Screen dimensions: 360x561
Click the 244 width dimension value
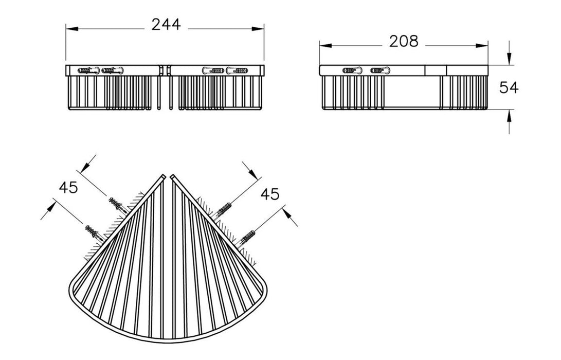166,25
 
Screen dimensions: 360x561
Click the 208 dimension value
404,41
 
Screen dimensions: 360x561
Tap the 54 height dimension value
509,87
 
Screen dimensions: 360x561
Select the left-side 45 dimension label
68,188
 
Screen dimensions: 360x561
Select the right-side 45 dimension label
269,194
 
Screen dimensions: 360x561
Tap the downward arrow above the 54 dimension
509,60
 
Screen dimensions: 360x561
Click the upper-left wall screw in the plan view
118,205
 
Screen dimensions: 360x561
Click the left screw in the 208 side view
351,70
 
